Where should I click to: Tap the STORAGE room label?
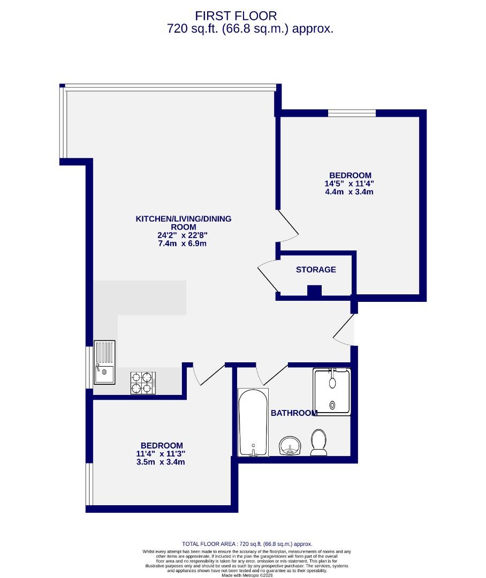tap(316, 270)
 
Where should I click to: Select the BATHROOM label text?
tap(294, 413)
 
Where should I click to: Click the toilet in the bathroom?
tap(319, 443)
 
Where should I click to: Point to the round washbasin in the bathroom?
tap(290, 445)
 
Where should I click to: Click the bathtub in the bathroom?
tap(253, 423)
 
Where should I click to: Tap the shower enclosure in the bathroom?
tap(332, 392)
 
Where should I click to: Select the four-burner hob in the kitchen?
tap(143, 383)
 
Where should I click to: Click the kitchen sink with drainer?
tap(104, 362)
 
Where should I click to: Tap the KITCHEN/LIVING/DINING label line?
tap(184, 219)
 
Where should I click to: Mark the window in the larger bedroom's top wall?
tap(352, 113)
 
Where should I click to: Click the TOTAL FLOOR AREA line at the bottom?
tap(247, 543)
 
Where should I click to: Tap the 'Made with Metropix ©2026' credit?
tap(247, 575)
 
